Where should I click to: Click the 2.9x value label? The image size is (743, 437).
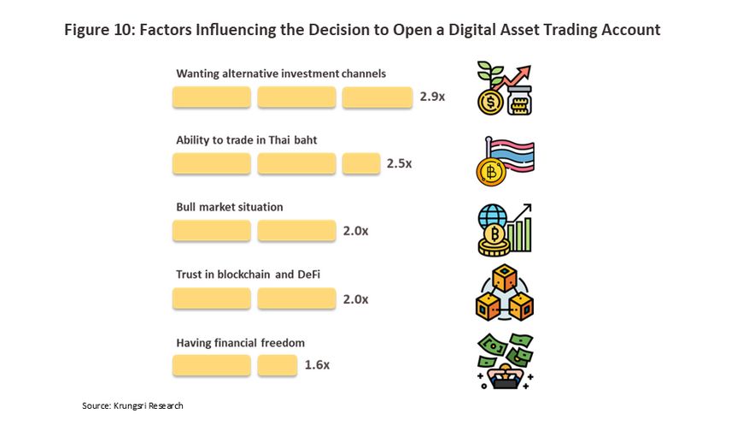coord(432,97)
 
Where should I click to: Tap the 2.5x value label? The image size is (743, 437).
coord(399,163)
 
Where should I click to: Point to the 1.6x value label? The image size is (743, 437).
coord(317,365)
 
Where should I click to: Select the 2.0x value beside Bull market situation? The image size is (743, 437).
coord(355,231)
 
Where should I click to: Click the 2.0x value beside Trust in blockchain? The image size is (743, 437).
coord(355,299)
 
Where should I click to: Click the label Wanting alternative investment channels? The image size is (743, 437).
coord(281,74)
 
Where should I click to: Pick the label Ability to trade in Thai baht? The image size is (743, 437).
coord(246,140)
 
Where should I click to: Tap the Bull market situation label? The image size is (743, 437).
coord(229,207)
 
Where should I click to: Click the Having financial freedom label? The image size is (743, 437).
coord(240,343)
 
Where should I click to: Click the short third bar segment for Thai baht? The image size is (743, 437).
coord(361,163)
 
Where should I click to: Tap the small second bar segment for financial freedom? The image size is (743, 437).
coord(277,365)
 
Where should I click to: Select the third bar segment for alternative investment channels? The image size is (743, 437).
coord(377,97)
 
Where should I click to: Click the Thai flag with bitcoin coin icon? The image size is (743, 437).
coord(505,161)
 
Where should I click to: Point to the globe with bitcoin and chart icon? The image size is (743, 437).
coord(505,229)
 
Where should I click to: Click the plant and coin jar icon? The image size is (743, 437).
coord(505,89)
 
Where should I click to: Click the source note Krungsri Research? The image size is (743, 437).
coord(132,405)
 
